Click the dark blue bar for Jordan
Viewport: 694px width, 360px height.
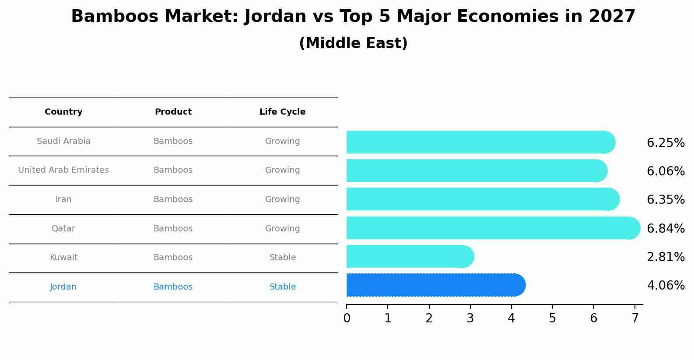coord(435,285)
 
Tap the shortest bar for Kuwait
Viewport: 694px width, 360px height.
coord(409,256)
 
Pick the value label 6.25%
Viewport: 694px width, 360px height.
coord(666,143)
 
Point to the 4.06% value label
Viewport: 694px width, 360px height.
coord(666,286)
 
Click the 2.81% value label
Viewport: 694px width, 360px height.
coord(666,257)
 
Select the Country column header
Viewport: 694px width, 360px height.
coord(63,112)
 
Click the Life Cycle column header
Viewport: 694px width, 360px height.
coord(282,112)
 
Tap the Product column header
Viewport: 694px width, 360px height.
coord(173,112)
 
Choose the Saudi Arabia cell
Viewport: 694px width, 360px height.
coord(63,141)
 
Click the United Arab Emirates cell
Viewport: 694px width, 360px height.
coord(63,170)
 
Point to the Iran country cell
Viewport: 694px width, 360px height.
coord(63,199)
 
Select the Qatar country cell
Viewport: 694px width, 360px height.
coord(63,229)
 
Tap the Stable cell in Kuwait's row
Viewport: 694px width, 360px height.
coord(282,258)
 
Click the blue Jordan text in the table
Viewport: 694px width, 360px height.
coord(63,287)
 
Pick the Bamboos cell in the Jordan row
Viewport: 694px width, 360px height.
coord(173,287)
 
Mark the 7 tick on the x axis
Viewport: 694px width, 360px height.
coord(634,318)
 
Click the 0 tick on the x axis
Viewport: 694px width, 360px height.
coord(347,318)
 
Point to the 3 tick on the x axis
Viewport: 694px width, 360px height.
coord(470,318)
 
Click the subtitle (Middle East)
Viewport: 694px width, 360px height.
coord(353,43)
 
